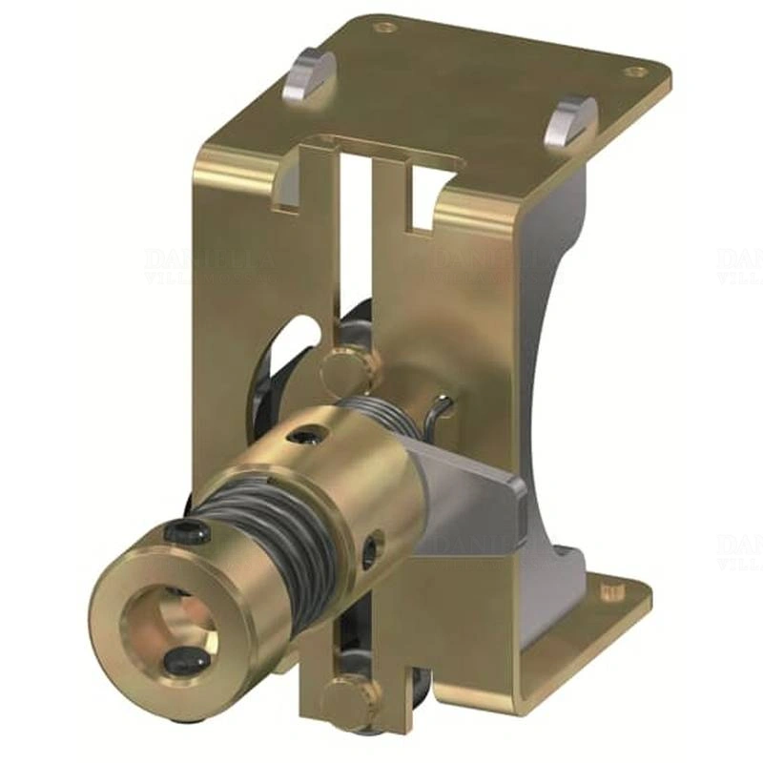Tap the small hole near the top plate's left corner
(384, 29)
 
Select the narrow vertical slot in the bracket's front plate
(356, 248)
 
